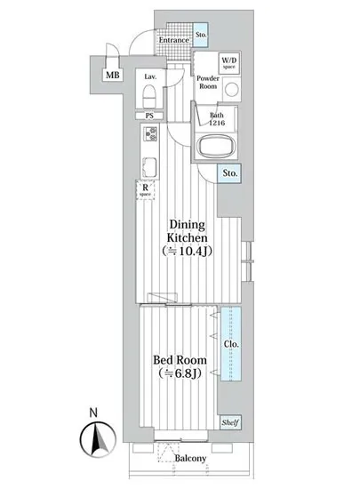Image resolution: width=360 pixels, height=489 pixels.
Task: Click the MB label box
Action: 113,76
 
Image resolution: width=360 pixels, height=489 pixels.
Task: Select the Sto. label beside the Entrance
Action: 201,36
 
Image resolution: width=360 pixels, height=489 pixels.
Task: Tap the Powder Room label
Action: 207,83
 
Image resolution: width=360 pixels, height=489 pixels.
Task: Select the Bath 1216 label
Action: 217,119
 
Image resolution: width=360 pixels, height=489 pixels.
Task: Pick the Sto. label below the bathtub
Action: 230,174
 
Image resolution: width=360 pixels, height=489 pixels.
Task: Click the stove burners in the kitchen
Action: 149,135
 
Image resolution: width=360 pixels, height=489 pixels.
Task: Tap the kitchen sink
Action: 148,164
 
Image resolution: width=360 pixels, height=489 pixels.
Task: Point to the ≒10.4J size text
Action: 189,253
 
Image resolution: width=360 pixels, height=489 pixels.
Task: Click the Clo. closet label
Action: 230,343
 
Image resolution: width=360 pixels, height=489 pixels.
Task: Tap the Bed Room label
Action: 181,360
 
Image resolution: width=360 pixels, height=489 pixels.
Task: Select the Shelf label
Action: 230,423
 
